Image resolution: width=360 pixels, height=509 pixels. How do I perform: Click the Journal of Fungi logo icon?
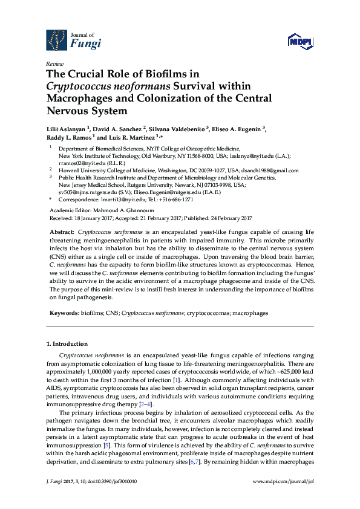pos(57,40)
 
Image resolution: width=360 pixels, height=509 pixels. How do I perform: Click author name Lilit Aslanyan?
pos(67,129)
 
